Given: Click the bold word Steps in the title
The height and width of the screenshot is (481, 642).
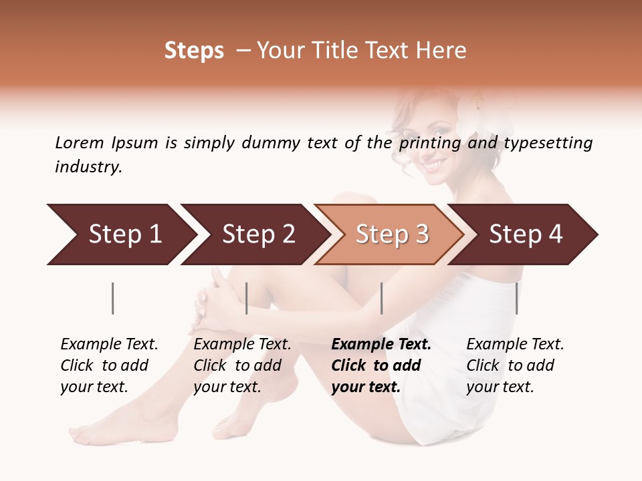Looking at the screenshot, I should pyautogui.click(x=194, y=51).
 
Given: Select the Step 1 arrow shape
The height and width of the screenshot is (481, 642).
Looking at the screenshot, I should pyautogui.click(x=120, y=234).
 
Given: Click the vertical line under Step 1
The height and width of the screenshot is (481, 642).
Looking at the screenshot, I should pyautogui.click(x=113, y=298).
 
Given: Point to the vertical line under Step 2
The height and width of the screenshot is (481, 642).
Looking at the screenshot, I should pyautogui.click(x=247, y=298).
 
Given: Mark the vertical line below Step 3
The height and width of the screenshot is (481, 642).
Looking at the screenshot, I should pyautogui.click(x=381, y=298).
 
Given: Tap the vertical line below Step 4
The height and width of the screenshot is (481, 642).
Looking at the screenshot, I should pyautogui.click(x=516, y=298).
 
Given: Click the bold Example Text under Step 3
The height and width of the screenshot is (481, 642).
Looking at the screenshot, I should pyautogui.click(x=381, y=345).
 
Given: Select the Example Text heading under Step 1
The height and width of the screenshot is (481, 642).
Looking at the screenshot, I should pyautogui.click(x=109, y=345).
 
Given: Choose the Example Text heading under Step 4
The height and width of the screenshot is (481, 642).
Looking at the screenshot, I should pyautogui.click(x=515, y=345).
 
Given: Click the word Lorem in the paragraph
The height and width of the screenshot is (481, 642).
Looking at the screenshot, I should pyautogui.click(x=80, y=143).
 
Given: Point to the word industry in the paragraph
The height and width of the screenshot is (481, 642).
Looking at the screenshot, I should pyautogui.click(x=88, y=167).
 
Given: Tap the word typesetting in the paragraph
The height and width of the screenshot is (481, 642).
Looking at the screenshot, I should pyautogui.click(x=548, y=143).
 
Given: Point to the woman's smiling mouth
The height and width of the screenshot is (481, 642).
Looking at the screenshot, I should pyautogui.click(x=435, y=162).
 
